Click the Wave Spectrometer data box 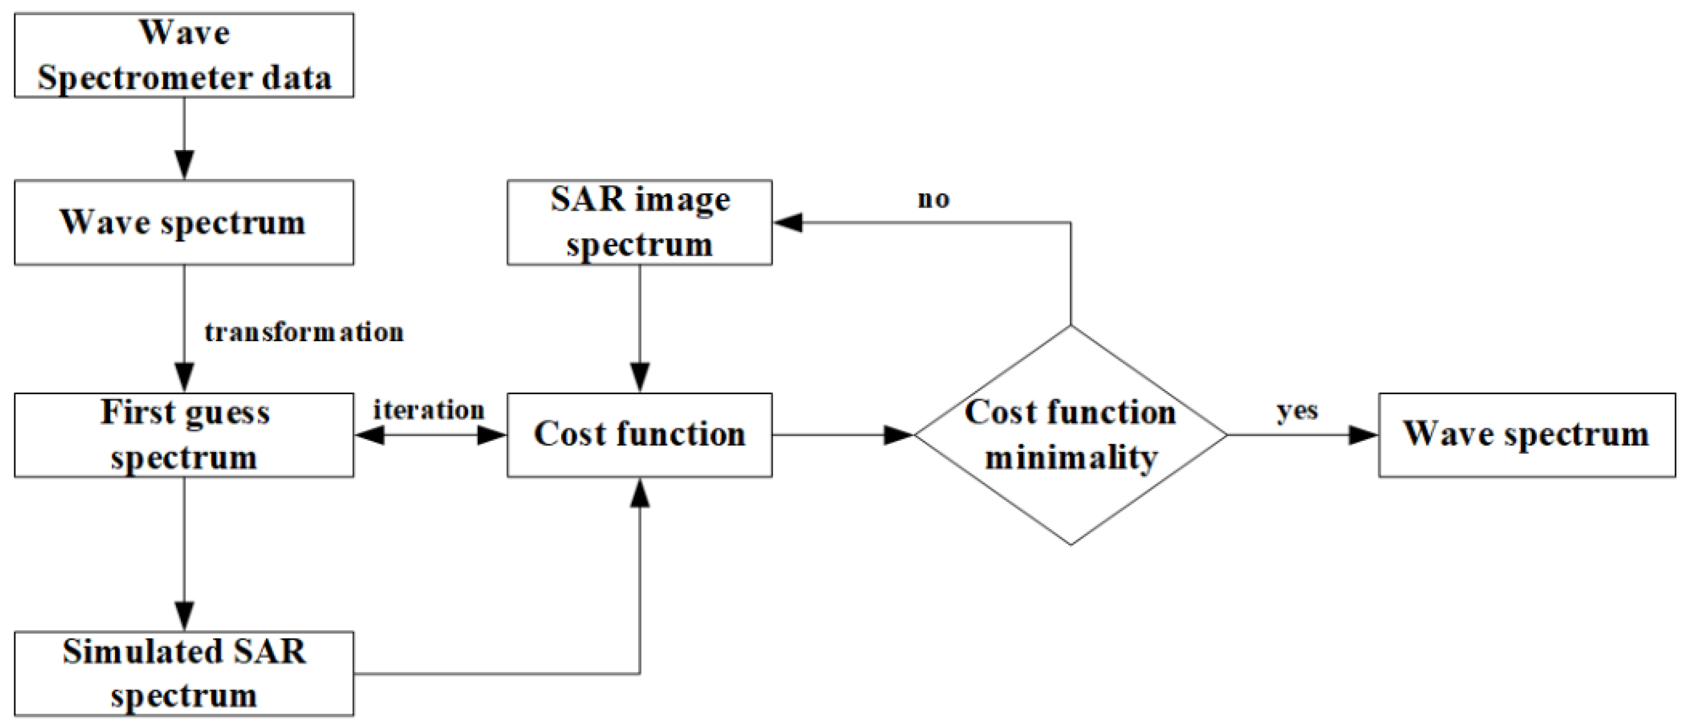point(184,56)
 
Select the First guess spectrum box point(184,435)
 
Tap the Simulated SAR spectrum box point(184,673)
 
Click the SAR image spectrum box point(639,222)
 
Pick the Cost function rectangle point(639,435)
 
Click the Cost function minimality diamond point(1070,435)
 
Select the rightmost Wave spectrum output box point(1527,435)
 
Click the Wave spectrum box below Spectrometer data point(184,222)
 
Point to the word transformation point(304,332)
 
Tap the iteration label point(429,411)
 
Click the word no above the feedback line point(933,199)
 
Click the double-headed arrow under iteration point(431,435)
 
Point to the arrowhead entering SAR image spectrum point(788,223)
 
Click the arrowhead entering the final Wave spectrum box point(1363,435)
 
